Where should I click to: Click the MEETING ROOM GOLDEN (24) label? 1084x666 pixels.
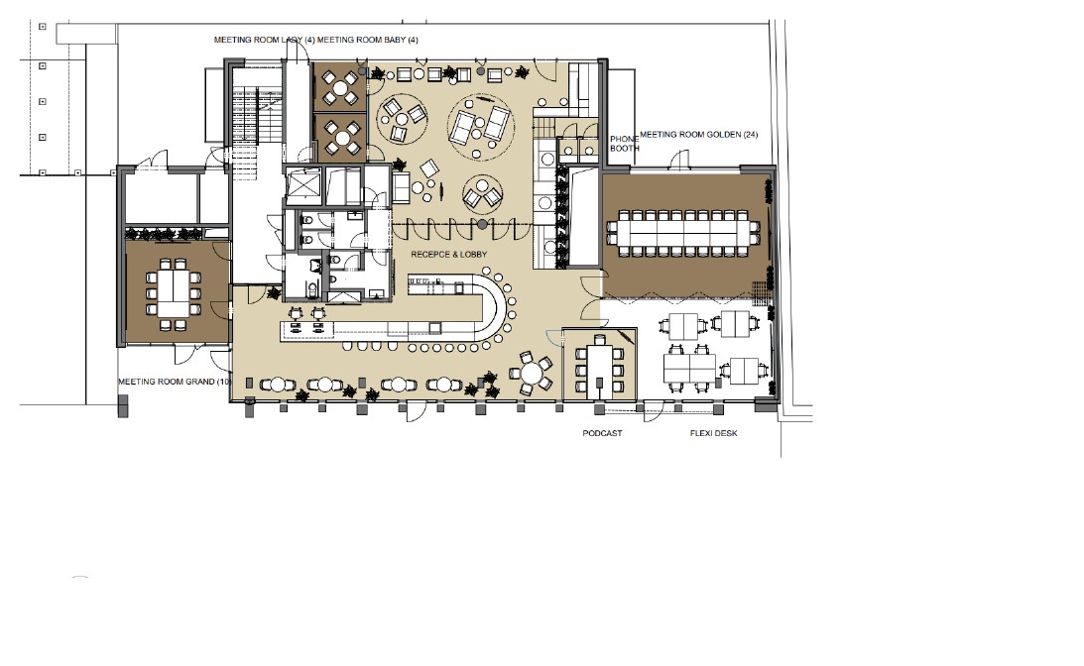tap(698, 135)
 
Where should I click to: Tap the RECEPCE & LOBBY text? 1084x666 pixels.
tap(448, 255)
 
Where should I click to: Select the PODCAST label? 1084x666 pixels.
tap(602, 433)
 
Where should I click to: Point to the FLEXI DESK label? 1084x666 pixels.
tap(713, 433)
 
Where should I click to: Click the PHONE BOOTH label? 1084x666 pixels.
tap(624, 144)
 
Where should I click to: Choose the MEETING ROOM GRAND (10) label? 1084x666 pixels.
tap(175, 382)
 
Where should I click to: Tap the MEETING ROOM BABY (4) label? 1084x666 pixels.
tap(367, 40)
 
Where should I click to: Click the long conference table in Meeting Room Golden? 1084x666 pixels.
tap(683, 228)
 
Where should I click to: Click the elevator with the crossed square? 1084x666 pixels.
tap(303, 186)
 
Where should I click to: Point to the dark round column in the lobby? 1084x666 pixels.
tap(483, 225)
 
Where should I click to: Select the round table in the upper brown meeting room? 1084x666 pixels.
tap(340, 88)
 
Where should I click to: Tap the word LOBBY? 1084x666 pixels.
tap(473, 255)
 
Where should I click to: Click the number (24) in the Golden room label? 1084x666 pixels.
tap(750, 135)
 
